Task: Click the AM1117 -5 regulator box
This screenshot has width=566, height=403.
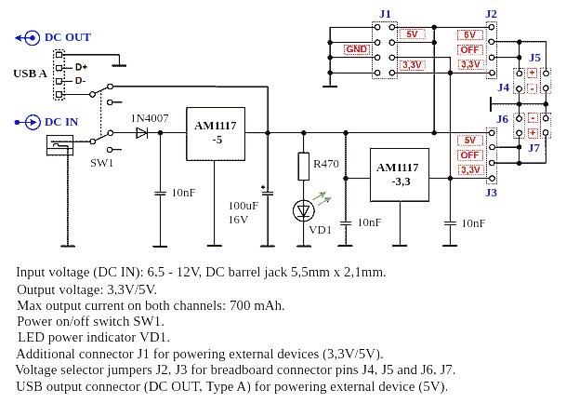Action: tap(215, 132)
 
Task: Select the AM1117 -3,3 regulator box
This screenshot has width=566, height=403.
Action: tap(398, 175)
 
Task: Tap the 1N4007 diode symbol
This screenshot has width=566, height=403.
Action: tap(142, 133)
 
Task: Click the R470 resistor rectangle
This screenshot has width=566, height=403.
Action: tap(303, 167)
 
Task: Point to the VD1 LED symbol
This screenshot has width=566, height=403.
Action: tap(303, 210)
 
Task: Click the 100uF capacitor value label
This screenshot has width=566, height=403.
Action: tap(243, 206)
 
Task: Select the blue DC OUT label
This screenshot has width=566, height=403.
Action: tap(67, 37)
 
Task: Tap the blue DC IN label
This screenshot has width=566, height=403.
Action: tap(60, 122)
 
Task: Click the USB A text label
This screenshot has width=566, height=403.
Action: tap(30, 73)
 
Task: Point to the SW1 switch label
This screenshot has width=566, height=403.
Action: tap(102, 162)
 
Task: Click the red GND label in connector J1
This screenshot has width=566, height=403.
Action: tap(356, 49)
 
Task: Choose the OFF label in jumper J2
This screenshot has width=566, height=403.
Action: tap(469, 49)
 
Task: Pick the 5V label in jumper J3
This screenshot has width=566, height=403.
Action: tap(469, 141)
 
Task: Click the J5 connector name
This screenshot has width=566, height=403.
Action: tap(534, 58)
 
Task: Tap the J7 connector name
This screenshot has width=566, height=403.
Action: tap(534, 147)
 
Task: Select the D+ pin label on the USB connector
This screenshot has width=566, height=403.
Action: tap(81, 67)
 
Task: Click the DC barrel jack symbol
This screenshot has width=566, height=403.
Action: tap(59, 145)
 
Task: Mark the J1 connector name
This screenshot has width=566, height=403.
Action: tap(386, 14)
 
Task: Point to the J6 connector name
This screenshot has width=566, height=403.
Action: tap(503, 119)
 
